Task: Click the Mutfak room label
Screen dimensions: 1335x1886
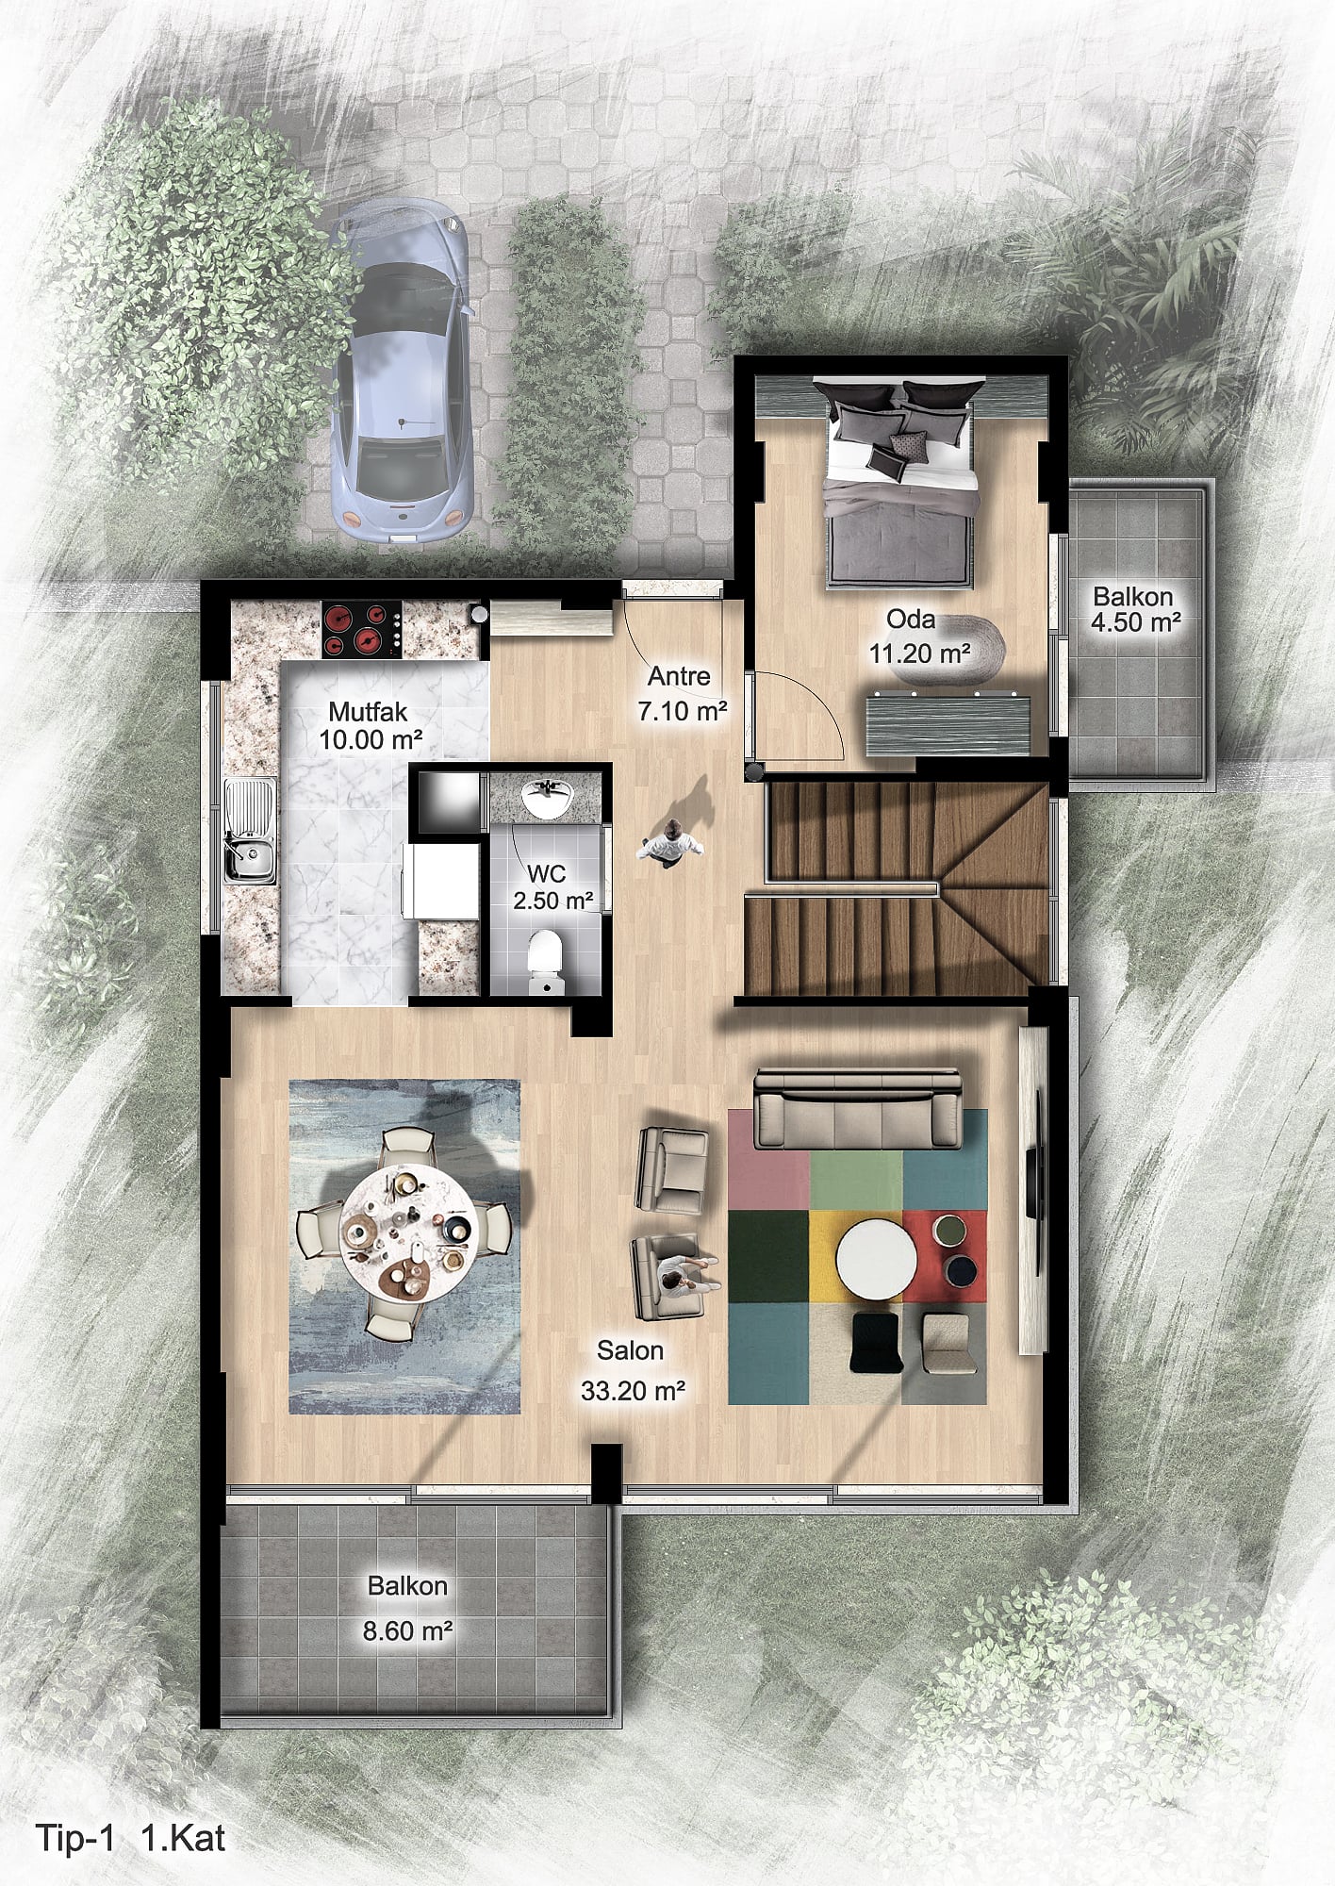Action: pos(368,712)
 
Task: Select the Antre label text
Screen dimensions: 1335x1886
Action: pos(679,676)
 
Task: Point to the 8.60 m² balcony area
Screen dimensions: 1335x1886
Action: pos(407,1630)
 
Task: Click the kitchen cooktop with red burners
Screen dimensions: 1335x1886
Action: pos(362,630)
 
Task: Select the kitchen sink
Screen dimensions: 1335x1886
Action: pos(251,831)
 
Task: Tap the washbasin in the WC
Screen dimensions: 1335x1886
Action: pos(546,800)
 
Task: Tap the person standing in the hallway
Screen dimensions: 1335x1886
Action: pos(670,841)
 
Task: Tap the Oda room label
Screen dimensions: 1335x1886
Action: pos(911,620)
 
